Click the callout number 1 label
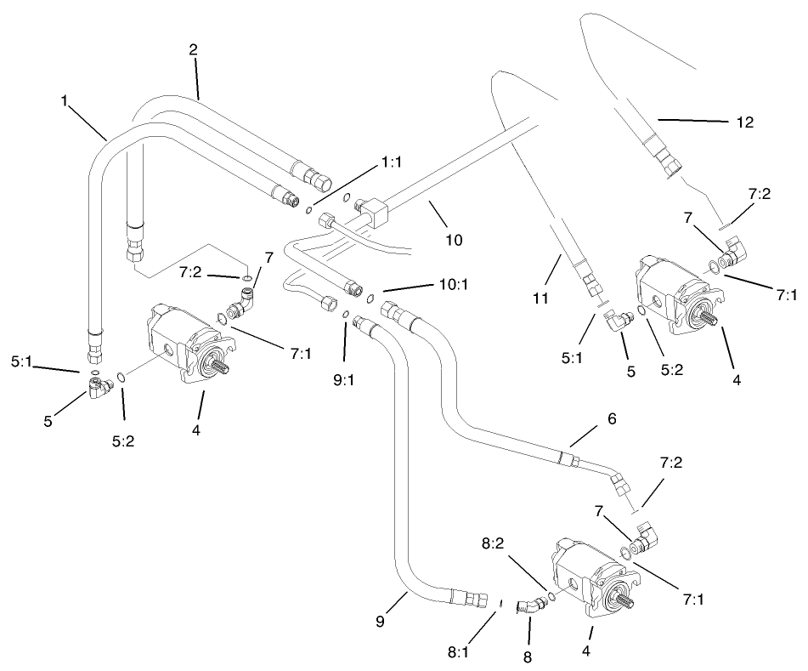[x=65, y=100]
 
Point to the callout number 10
[x=454, y=239]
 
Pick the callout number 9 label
[x=380, y=622]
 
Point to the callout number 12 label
[x=744, y=122]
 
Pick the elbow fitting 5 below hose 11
[x=620, y=319]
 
